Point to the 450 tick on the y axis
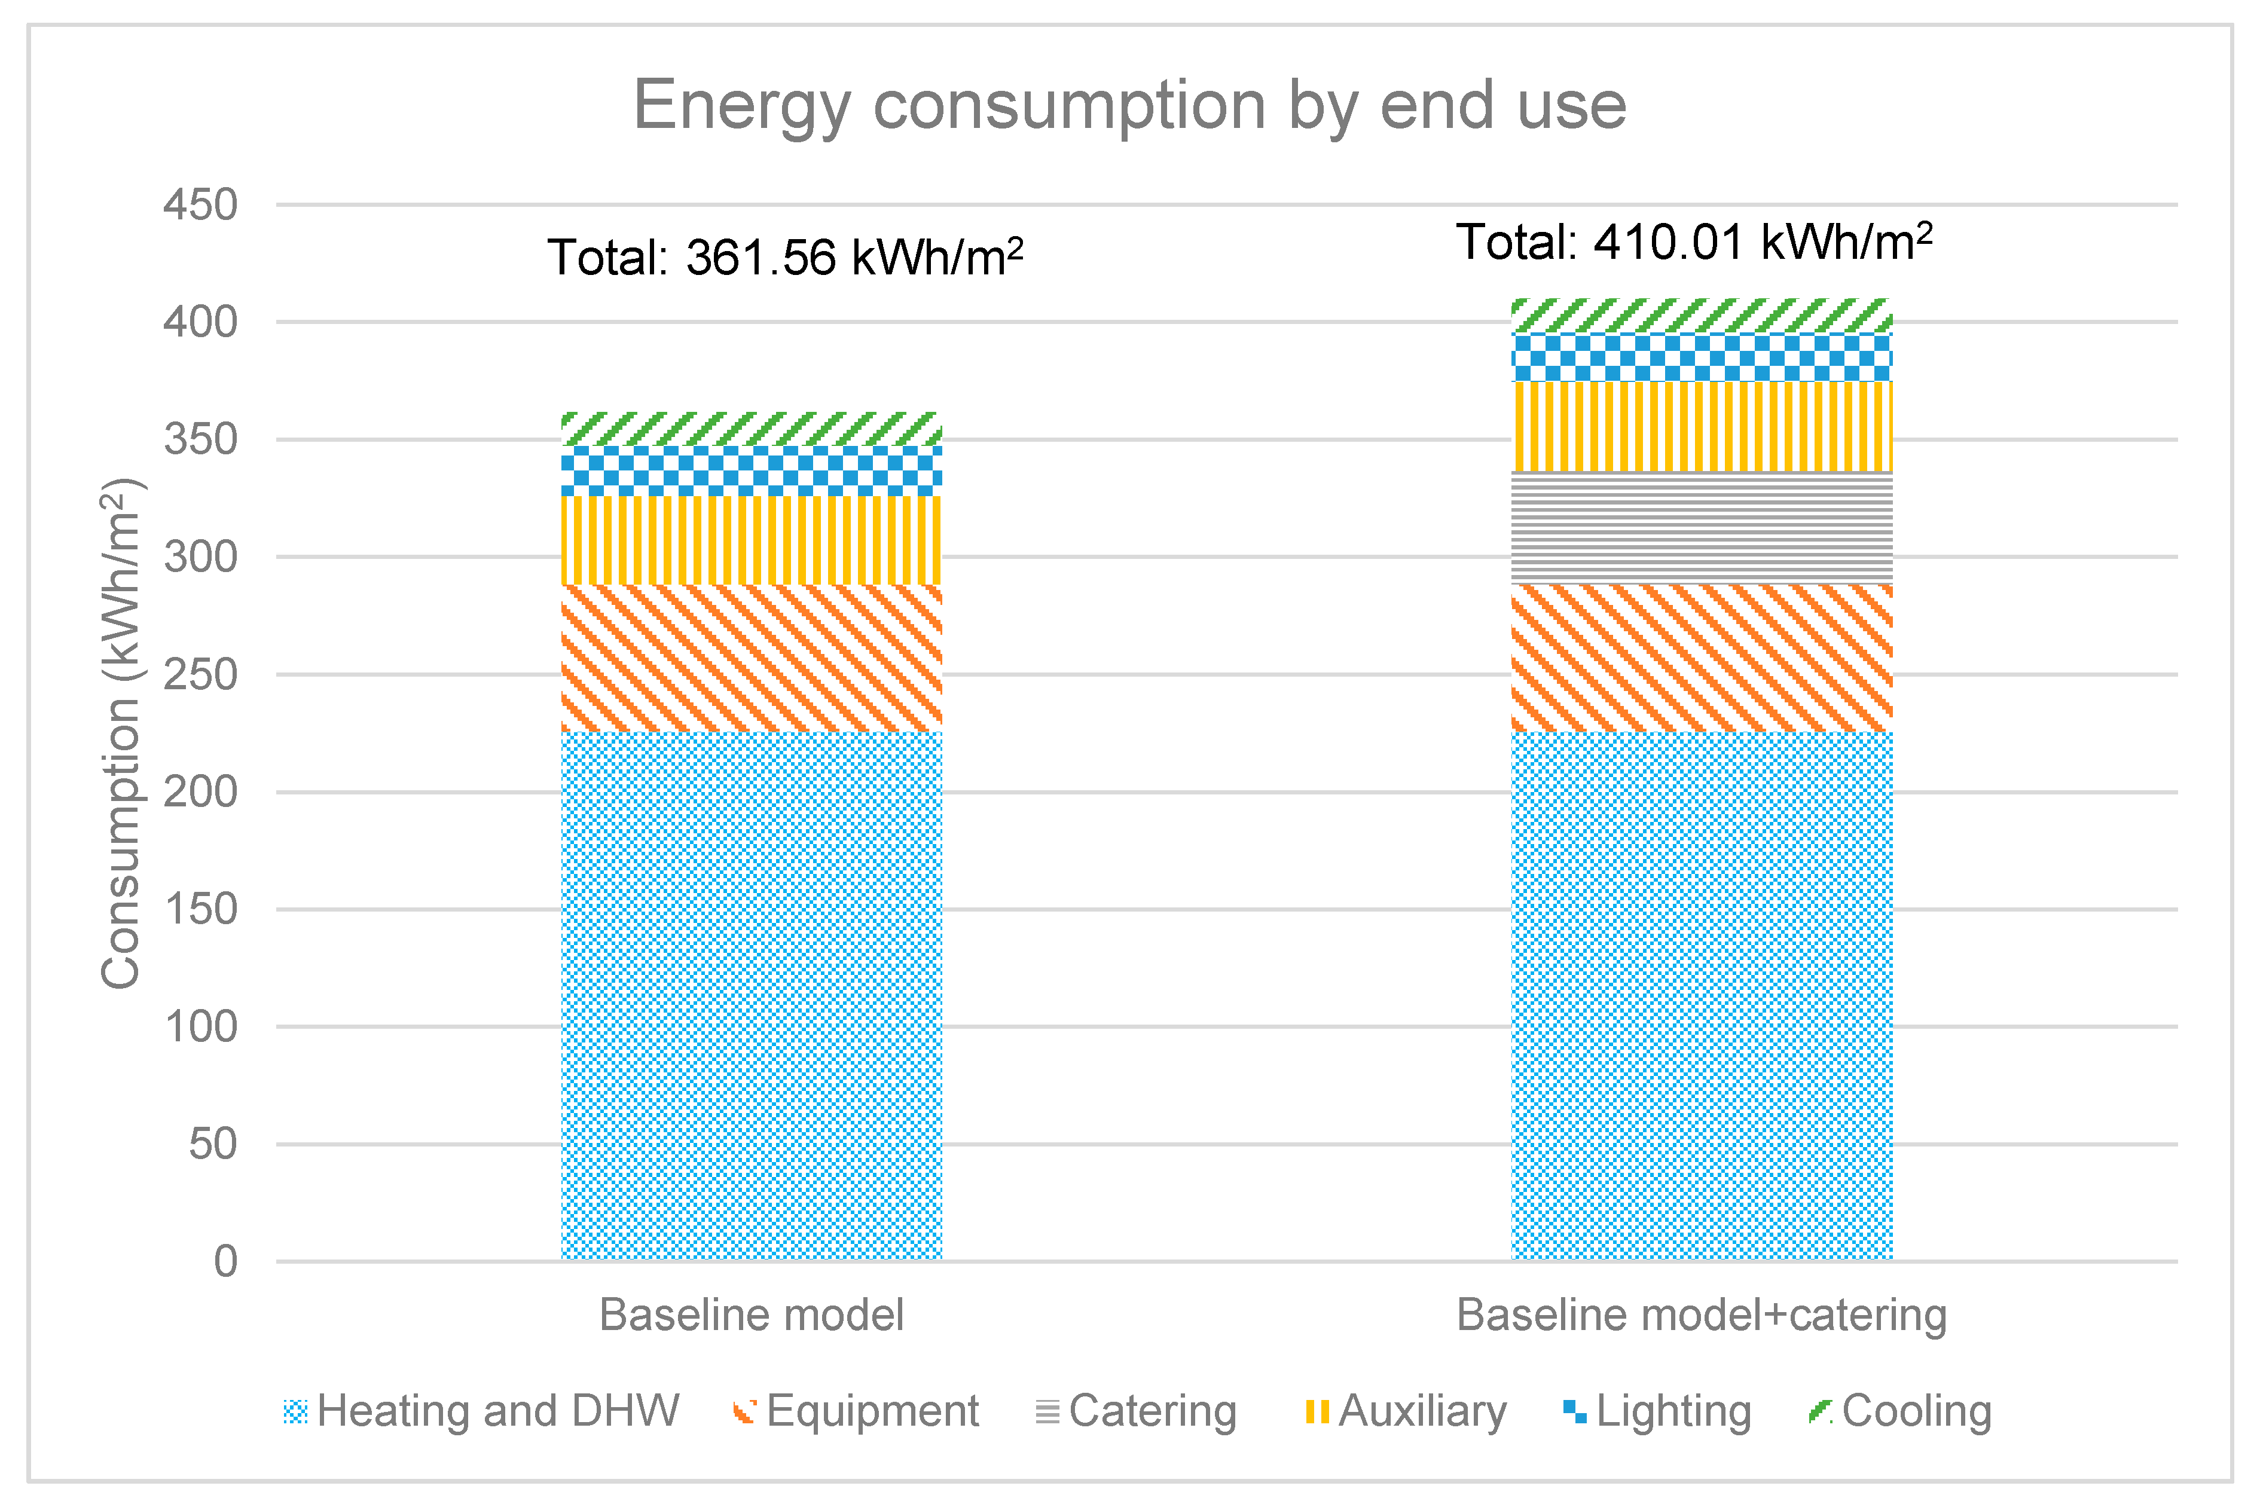(200, 205)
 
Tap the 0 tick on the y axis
(226, 1262)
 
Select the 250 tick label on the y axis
(200, 675)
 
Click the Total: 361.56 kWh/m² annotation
(785, 258)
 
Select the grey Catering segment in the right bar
(1701, 527)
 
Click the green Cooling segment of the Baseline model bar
(752, 429)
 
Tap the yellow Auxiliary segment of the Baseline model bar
(752, 540)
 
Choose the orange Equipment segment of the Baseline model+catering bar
(1701, 658)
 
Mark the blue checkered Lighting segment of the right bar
(1701, 357)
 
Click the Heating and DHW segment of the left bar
(752, 995)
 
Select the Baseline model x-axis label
(752, 1315)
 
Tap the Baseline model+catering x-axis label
(1701, 1315)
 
